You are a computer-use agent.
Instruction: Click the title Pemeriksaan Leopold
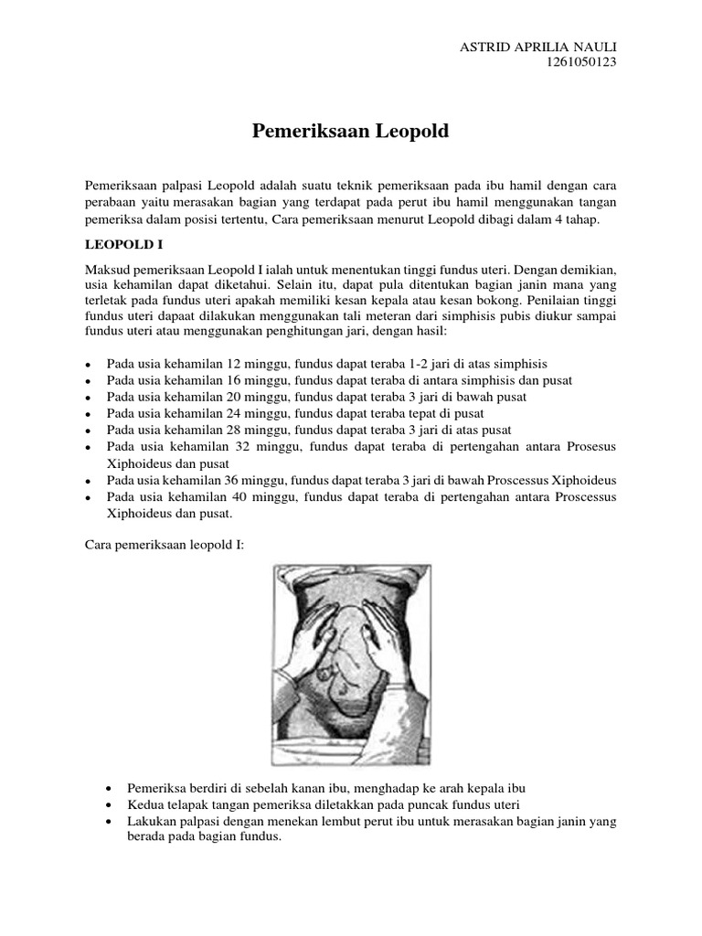click(350, 132)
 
